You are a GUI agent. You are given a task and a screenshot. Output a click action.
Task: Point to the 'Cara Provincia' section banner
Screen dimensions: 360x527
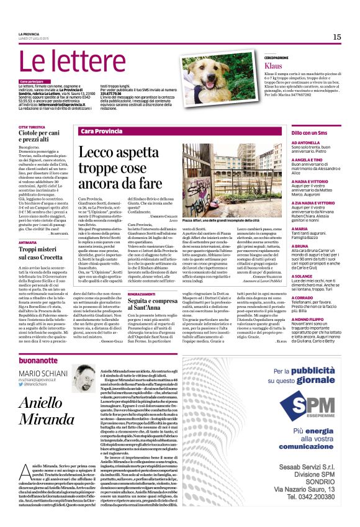102,132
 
